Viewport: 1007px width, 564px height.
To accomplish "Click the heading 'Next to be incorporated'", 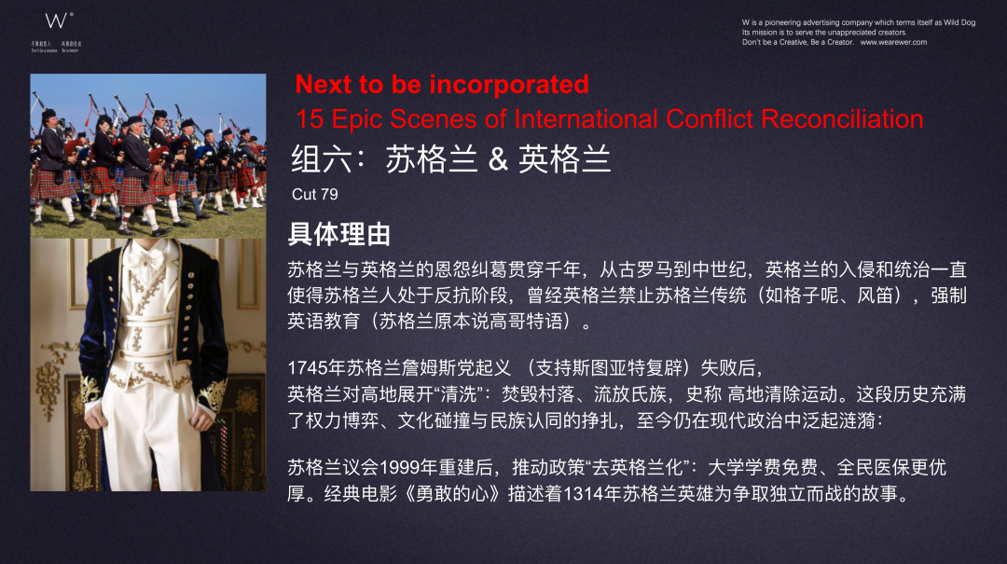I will (442, 84).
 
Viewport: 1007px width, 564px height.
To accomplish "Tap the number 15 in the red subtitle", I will (309, 119).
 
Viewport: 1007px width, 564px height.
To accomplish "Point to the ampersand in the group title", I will (498, 159).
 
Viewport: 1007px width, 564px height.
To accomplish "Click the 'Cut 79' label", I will (314, 195).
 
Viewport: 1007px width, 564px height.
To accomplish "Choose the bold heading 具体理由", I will (338, 234).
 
